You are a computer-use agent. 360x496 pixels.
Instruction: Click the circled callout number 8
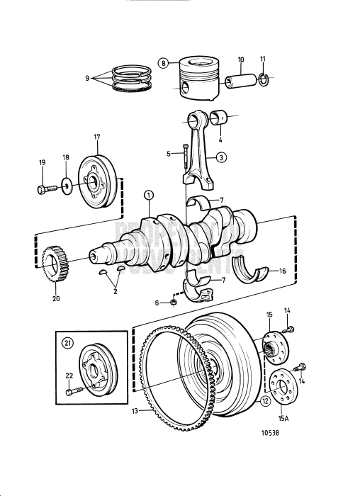(164, 63)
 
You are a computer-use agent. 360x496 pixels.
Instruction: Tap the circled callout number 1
(148, 195)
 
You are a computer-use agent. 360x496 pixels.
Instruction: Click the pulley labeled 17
(98, 181)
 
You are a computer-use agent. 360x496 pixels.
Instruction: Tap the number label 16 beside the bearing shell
(281, 271)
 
